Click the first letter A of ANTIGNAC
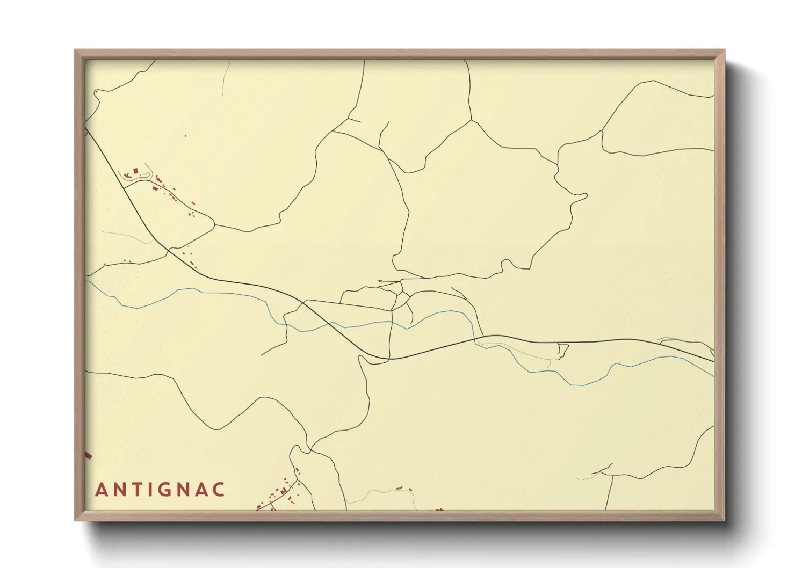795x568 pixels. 100,490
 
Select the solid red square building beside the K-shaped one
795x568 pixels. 136,171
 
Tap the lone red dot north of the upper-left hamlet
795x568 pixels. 186,136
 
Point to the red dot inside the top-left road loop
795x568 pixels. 96,92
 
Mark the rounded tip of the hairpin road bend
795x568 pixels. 584,195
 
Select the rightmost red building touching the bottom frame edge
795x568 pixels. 440,509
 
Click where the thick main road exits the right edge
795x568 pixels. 713,361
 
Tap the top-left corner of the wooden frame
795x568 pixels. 75,50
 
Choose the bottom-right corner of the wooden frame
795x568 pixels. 724,520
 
